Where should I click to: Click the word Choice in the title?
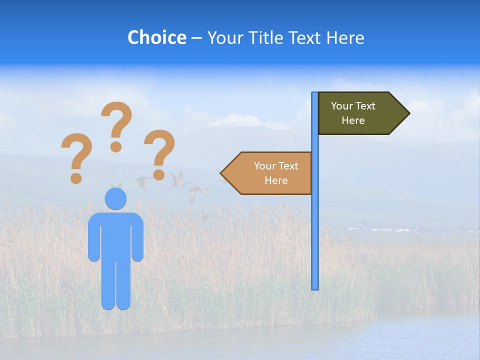(156, 38)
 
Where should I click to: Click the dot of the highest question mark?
(116, 146)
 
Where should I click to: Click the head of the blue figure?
(115, 199)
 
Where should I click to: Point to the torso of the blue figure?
(115, 235)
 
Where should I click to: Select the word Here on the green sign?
(353, 120)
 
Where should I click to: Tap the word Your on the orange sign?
(263, 166)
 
